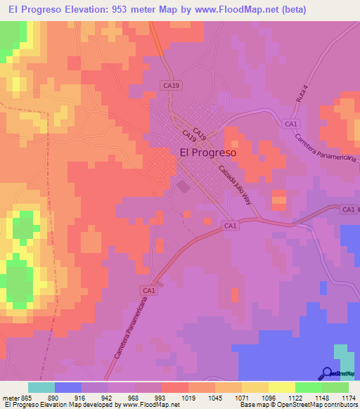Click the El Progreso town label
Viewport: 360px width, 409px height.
click(208, 151)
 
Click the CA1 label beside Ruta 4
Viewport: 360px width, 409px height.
click(290, 124)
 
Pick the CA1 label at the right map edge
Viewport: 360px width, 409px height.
click(348, 209)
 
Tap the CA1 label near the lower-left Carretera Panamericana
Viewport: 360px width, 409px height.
click(148, 290)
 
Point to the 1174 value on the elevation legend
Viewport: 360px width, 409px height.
click(348, 397)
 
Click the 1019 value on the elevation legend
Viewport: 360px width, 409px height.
click(188, 397)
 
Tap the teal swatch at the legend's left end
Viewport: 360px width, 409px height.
click(41, 387)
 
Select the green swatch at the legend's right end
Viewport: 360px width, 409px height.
click(335, 387)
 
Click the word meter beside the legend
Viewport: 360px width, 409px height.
click(10, 397)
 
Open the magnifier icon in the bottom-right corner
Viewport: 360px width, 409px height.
click(328, 373)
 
